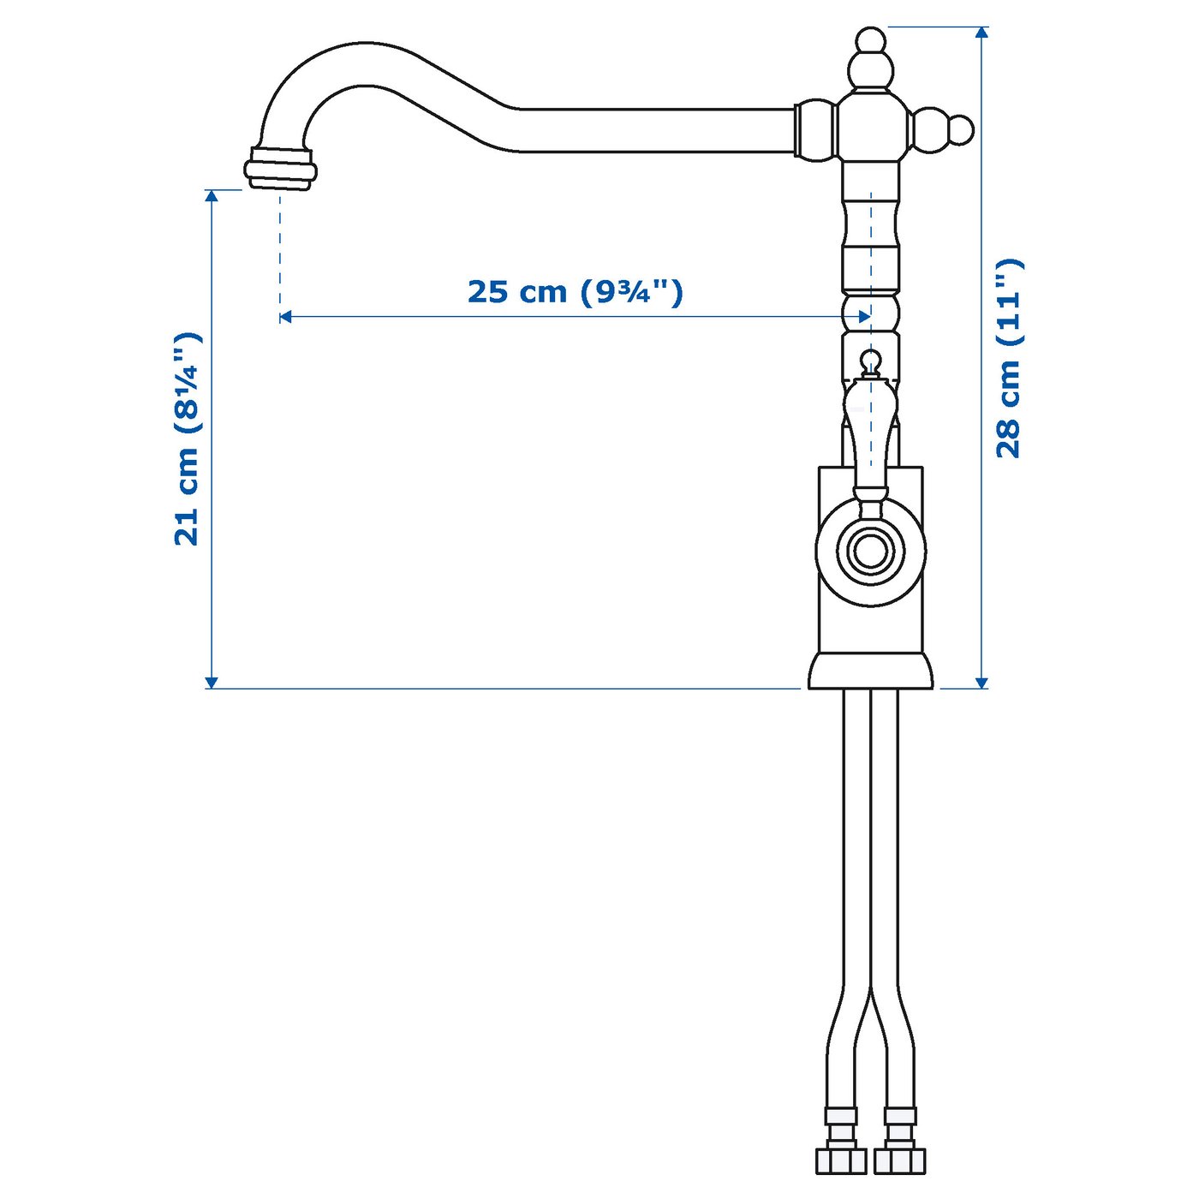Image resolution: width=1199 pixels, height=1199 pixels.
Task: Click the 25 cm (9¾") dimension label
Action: (575, 292)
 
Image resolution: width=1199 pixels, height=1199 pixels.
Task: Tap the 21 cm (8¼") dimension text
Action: (187, 438)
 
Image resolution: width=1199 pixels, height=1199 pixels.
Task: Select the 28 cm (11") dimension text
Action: (1009, 358)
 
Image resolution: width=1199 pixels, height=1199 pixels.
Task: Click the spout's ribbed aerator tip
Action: (280, 169)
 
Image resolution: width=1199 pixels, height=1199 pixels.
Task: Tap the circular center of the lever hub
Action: (870, 551)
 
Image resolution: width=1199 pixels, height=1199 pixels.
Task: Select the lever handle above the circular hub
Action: (870, 437)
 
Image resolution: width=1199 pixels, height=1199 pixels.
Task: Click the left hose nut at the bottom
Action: (840, 1160)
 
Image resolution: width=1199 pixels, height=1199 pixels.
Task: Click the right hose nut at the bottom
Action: (900, 1160)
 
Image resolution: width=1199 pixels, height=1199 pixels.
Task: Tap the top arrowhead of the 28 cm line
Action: (982, 33)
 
